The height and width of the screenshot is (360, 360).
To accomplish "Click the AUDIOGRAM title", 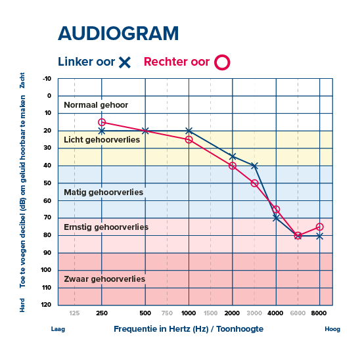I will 118,34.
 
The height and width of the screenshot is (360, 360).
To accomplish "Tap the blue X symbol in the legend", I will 125,62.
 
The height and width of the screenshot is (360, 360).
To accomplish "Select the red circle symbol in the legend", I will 223,62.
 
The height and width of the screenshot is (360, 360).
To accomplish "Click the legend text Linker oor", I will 86,62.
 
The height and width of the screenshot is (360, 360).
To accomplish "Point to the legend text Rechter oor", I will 177,62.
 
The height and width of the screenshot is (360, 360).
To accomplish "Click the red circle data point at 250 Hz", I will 102,122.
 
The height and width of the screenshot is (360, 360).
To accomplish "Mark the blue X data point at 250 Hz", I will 102,131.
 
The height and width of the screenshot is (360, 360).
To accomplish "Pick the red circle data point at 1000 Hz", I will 189,139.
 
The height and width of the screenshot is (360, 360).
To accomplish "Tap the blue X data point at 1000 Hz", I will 189,131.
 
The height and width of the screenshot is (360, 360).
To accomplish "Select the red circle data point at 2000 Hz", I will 233,166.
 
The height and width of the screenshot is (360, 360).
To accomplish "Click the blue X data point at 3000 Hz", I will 254,166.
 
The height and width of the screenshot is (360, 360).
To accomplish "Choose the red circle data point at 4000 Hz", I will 276,210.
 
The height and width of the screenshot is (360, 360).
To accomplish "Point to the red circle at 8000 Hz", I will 319,227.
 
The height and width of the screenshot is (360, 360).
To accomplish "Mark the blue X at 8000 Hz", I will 319,235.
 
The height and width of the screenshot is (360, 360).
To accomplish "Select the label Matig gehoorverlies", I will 104,192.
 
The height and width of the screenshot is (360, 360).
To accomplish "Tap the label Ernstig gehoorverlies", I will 106,227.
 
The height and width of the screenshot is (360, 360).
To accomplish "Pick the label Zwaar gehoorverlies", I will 104,279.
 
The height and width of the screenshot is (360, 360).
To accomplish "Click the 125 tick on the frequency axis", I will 74,312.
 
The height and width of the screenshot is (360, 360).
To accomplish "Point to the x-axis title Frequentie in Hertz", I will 189,328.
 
